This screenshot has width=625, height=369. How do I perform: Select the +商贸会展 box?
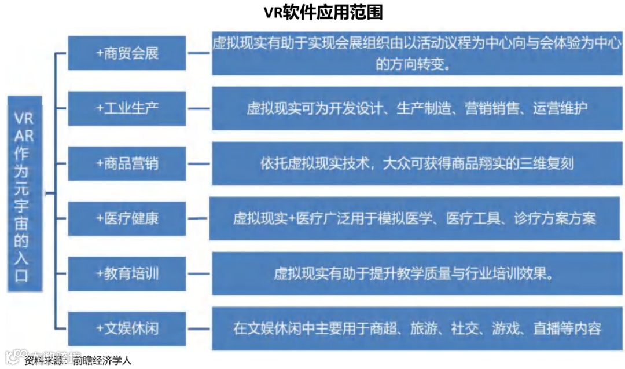click(x=127, y=53)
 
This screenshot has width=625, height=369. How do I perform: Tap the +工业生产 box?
click(x=127, y=108)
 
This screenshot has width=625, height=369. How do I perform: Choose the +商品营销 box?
click(x=127, y=163)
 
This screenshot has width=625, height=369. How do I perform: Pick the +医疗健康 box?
click(x=127, y=218)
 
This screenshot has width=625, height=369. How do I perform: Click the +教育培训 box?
click(x=127, y=273)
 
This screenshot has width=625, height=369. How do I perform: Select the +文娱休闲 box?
click(x=127, y=328)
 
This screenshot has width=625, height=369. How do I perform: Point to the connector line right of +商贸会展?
click(x=199, y=53)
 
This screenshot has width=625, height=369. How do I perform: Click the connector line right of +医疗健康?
click(x=197, y=218)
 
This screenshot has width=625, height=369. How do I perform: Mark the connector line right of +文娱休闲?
click(x=198, y=328)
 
